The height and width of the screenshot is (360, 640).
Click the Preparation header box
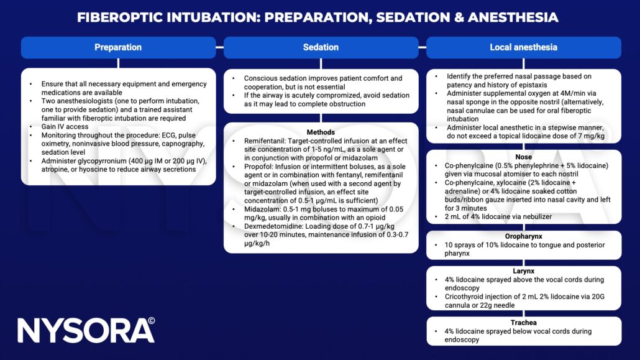point(118,47)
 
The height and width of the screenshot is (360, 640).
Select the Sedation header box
point(321,47)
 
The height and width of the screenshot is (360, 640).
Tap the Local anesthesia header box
point(523,47)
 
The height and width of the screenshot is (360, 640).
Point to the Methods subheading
point(321,132)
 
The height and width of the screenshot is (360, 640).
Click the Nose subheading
point(523,157)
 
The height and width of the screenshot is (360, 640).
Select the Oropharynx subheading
point(523,237)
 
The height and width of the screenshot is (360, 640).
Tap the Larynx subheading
point(523,271)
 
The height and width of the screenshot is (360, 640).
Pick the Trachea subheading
point(523,323)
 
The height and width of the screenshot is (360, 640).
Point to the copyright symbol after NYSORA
point(150,323)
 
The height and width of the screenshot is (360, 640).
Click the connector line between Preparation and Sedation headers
point(219,47)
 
